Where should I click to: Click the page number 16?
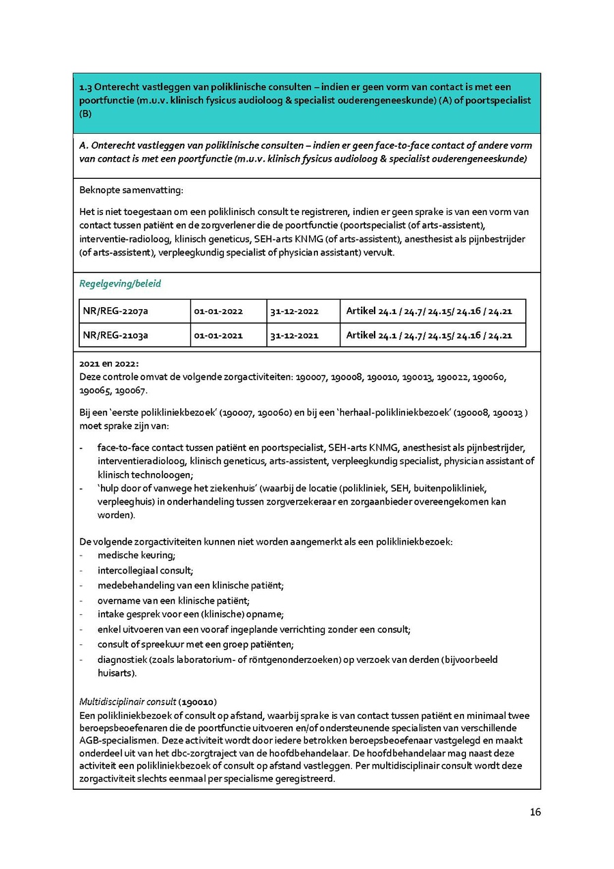coord(535,812)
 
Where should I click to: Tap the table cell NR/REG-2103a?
coord(115,335)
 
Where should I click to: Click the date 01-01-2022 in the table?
coord(218,311)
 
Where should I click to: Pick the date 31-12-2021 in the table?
coord(294,335)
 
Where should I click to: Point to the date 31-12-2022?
coord(294,311)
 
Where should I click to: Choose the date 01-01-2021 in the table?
coord(218,335)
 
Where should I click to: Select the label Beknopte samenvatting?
coord(131,189)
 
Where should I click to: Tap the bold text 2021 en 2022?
coord(109,364)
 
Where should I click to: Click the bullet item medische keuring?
coord(136,556)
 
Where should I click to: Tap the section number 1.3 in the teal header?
coord(86,87)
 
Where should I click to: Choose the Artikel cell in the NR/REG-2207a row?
coord(429,311)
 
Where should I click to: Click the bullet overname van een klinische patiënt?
coord(173,601)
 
